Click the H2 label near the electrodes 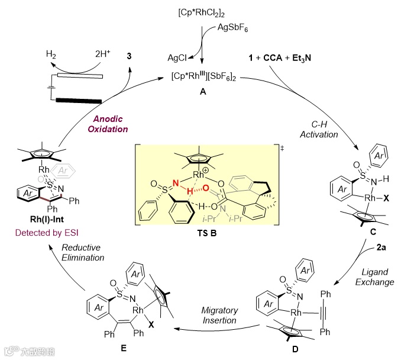[53, 53]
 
